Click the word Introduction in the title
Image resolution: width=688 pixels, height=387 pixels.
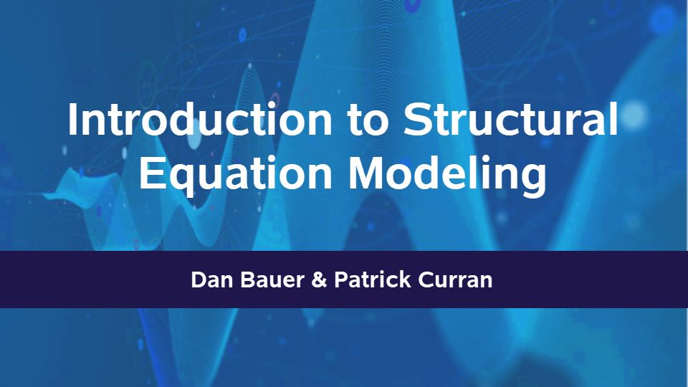click(x=200, y=120)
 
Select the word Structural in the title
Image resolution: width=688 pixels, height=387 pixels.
click(x=511, y=119)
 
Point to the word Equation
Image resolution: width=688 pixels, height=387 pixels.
click(x=236, y=174)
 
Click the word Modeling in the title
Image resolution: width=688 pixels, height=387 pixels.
click(x=447, y=174)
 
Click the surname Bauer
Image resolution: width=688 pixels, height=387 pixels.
click(x=272, y=280)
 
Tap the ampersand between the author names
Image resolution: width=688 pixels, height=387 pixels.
click(x=319, y=280)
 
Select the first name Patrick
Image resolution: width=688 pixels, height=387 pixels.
click(x=373, y=279)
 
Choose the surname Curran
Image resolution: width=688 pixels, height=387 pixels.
click(x=455, y=280)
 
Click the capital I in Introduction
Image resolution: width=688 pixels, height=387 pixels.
click(x=72, y=119)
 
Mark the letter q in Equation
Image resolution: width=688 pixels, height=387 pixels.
click(x=181, y=180)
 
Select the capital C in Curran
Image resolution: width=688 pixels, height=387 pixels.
click(x=426, y=280)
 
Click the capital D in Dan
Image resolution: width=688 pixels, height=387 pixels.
click(x=199, y=280)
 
